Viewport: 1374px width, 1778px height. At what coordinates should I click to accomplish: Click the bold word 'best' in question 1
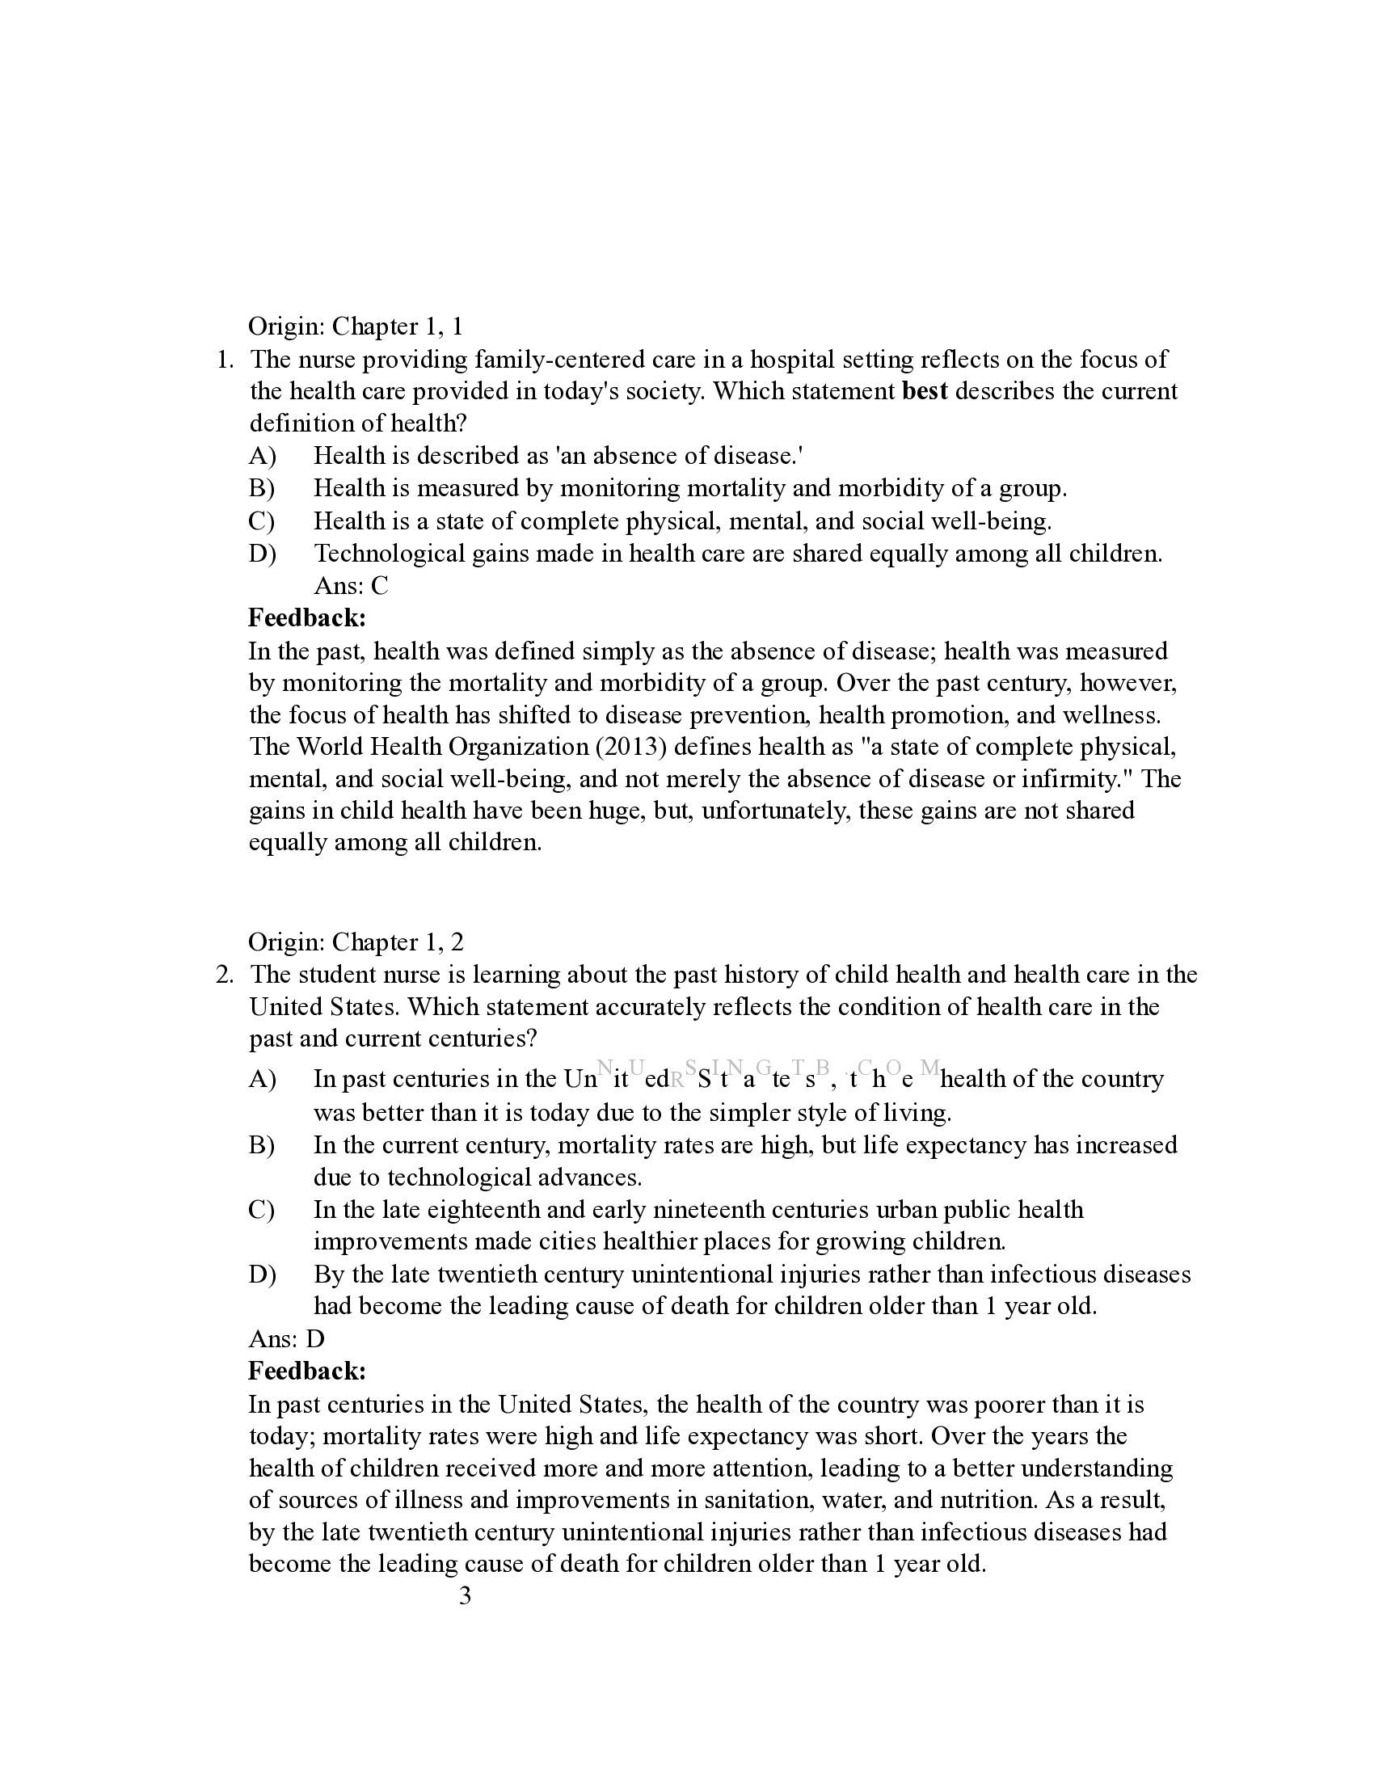(925, 392)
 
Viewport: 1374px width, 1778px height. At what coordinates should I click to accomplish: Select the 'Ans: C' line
(351, 586)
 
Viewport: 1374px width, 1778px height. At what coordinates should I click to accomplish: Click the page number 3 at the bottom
(465, 1596)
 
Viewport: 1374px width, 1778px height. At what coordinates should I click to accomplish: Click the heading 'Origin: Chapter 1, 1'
(355, 327)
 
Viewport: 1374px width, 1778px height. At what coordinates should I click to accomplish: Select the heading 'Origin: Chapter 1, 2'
(355, 942)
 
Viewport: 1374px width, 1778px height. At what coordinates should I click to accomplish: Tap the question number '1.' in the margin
(226, 360)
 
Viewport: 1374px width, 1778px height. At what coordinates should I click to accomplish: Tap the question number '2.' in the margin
(225, 975)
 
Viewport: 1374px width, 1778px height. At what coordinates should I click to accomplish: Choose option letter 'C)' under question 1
(262, 521)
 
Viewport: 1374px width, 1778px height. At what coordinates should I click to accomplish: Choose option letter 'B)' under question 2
(262, 1145)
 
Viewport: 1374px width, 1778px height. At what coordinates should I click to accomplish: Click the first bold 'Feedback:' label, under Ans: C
(307, 618)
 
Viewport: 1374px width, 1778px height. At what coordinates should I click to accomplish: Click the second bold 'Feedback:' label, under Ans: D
(307, 1371)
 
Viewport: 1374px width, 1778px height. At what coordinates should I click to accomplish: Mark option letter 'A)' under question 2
(262, 1080)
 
